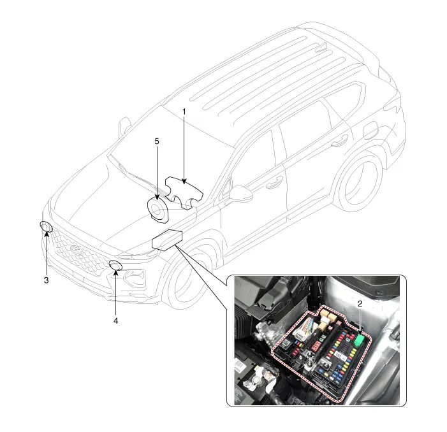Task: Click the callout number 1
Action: click(x=184, y=112)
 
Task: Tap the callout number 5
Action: click(x=157, y=141)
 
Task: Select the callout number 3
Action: click(x=46, y=280)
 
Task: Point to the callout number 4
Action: click(x=116, y=320)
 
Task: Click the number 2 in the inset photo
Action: click(x=360, y=304)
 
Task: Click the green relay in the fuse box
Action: click(x=360, y=340)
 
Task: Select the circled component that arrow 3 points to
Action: click(x=46, y=227)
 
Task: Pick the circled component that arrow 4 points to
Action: click(x=116, y=266)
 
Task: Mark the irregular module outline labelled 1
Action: click(x=184, y=192)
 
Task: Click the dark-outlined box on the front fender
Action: click(x=167, y=240)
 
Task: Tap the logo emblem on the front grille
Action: click(x=77, y=250)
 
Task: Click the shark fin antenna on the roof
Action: click(x=321, y=47)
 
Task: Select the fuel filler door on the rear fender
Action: click(x=371, y=130)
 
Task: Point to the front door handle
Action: click(x=275, y=183)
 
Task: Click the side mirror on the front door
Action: click(x=240, y=194)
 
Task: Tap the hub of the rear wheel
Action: click(x=361, y=184)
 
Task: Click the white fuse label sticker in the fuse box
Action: click(x=339, y=355)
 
